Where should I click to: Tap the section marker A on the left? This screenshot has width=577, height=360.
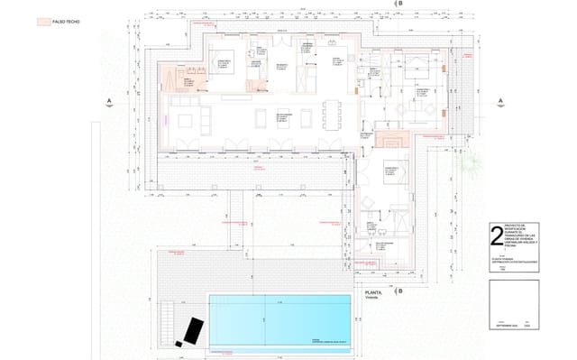108,100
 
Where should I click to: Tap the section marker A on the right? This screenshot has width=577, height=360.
499,100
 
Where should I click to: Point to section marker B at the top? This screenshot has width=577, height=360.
401,5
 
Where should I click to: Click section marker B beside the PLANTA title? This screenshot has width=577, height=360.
401,291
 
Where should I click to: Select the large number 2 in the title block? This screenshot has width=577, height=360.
496,236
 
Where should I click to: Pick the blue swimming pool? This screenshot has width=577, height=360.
279,319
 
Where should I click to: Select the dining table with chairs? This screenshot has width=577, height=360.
331,115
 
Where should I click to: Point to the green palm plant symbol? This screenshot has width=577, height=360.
472,162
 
